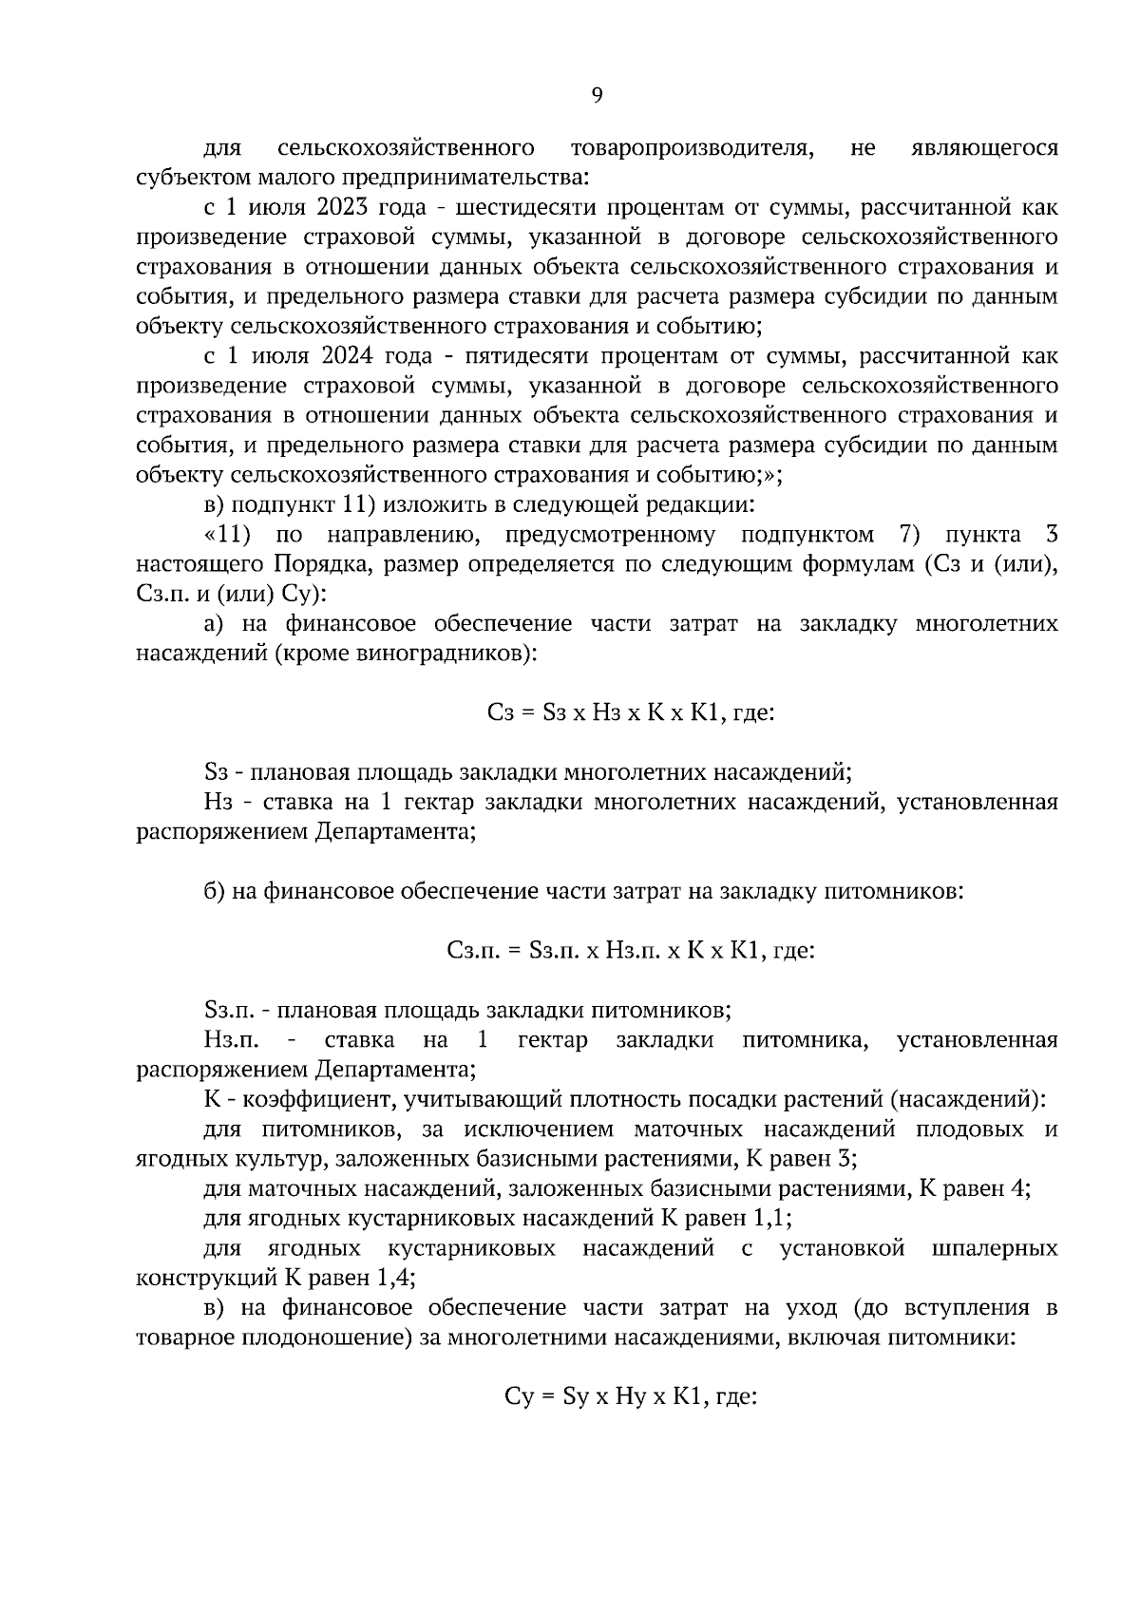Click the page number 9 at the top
coord(597,94)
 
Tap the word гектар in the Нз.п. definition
coord(553,1040)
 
